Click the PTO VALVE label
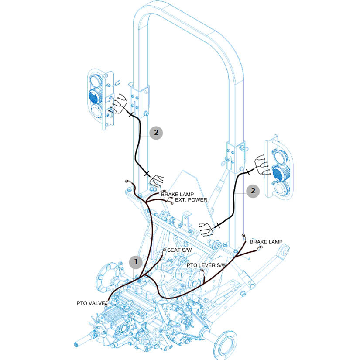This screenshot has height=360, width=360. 90,302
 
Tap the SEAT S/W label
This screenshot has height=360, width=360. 179,250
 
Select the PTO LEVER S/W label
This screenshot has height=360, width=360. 207,265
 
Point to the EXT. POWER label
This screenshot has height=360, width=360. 191,200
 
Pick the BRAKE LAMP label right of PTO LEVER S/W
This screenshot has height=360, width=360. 266,241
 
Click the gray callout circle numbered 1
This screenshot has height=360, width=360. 136,262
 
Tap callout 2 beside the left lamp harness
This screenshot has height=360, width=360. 156,133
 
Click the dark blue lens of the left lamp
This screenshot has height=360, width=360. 95,95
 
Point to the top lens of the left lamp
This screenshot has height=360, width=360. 95,81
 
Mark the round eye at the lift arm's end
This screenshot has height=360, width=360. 284,252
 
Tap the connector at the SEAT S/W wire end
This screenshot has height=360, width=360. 164,250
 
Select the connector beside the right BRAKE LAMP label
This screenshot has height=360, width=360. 261,247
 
